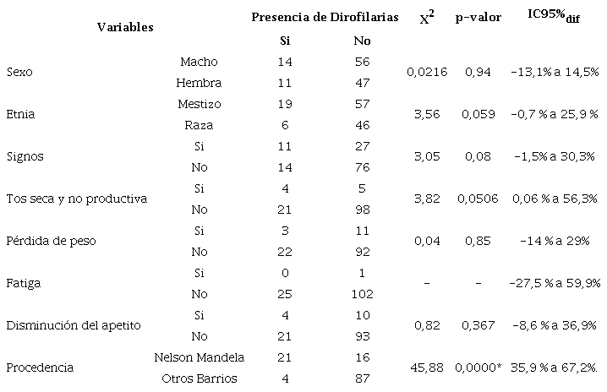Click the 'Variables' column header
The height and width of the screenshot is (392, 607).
(124, 27)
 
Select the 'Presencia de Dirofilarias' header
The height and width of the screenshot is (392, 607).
(325, 17)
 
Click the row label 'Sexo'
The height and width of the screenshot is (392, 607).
(19, 73)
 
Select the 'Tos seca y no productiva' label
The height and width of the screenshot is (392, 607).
(76, 199)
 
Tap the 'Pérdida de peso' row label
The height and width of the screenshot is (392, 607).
(51, 241)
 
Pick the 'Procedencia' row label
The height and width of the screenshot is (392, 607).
(39, 367)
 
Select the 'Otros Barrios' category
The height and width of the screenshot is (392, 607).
(200, 378)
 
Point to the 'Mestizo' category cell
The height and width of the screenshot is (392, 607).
(200, 103)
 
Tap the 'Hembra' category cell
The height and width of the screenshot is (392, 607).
(199, 83)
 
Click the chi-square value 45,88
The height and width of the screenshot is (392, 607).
(425, 367)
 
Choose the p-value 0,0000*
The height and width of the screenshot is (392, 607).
(479, 367)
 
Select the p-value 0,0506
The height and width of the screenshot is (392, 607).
(478, 199)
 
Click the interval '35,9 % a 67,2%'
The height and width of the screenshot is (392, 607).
(555, 367)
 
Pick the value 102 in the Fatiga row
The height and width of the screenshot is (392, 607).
(363, 293)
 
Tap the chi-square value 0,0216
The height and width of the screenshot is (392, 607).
(425, 73)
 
